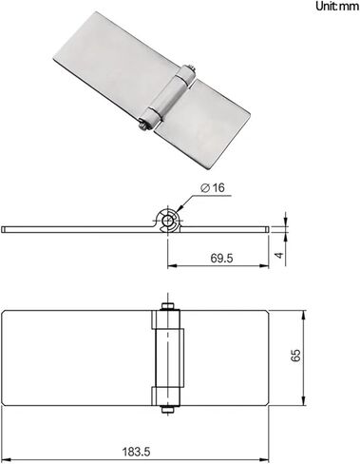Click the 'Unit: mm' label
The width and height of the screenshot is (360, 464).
(x=337, y=7)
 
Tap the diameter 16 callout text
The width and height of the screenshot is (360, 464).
(x=213, y=188)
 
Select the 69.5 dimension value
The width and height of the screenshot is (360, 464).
(x=221, y=259)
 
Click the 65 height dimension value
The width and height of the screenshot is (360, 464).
(x=296, y=356)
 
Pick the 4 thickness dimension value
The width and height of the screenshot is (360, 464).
(x=279, y=255)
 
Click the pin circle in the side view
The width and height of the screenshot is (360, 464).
(x=167, y=220)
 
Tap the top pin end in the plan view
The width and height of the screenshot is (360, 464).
(x=167, y=306)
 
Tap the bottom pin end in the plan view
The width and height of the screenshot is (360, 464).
(x=167, y=410)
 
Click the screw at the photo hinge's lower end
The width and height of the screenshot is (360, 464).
(x=143, y=125)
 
